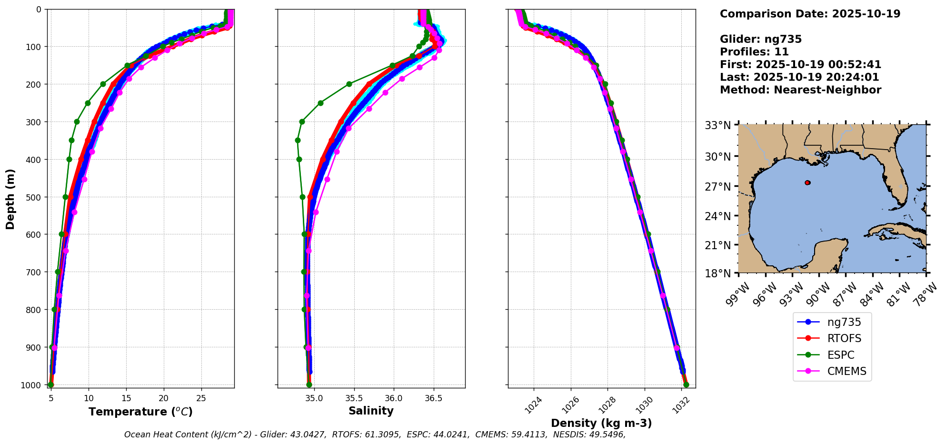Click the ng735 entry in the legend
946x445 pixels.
(844, 322)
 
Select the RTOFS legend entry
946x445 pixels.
(844, 339)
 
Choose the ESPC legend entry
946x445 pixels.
(840, 355)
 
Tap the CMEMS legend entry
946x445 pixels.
(846, 372)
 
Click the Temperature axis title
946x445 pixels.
(140, 412)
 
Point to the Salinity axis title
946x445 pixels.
(371, 411)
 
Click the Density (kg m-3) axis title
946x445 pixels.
(601, 423)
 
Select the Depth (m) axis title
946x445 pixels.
(10, 199)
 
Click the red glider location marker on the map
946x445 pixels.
(807, 182)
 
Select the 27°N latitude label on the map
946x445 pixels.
(717, 186)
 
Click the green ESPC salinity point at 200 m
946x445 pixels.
(349, 84)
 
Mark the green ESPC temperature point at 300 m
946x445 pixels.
(77, 121)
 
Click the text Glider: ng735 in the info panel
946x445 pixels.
(760, 40)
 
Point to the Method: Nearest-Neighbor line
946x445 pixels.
(800, 90)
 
